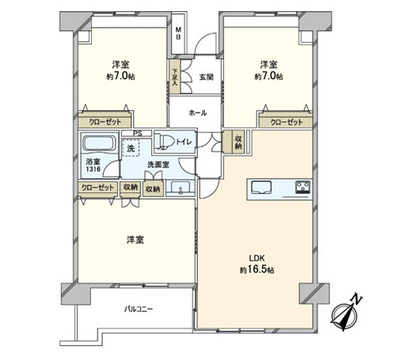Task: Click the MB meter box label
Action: tap(178, 32)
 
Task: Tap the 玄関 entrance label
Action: tap(206, 77)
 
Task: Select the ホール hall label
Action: tap(198, 113)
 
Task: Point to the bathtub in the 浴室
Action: tap(99, 144)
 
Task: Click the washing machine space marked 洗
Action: tap(131, 148)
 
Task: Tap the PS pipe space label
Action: tap(137, 134)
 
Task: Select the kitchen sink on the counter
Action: tap(261, 188)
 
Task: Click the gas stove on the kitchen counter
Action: tap(303, 187)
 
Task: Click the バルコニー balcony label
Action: tap(139, 309)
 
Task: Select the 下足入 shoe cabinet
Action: tap(175, 77)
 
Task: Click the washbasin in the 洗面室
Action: tap(181, 188)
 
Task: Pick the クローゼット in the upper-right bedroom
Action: tap(286, 121)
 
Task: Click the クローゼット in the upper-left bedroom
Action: tap(105, 121)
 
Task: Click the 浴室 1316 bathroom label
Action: tap(93, 165)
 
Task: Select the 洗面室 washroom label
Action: tap(158, 165)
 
